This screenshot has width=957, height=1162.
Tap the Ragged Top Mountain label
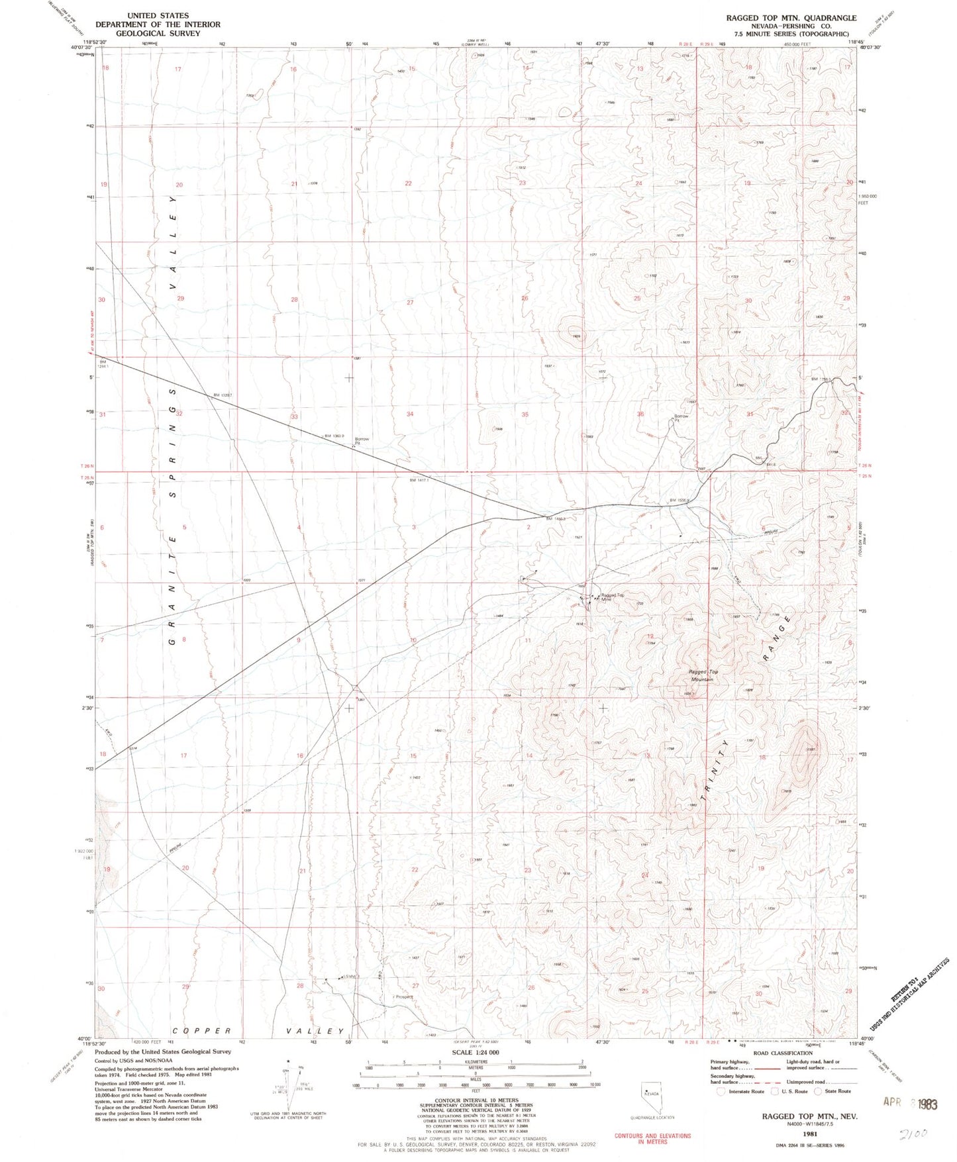pos(703,675)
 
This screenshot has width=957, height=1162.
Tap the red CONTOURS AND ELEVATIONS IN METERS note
pos(652,1138)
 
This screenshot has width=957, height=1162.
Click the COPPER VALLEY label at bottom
pos(258,1031)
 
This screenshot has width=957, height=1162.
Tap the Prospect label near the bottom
pos(403,996)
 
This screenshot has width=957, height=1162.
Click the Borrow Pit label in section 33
pos(362,441)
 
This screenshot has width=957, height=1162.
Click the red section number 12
pos(650,636)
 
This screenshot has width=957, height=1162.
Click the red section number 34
pos(410,414)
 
